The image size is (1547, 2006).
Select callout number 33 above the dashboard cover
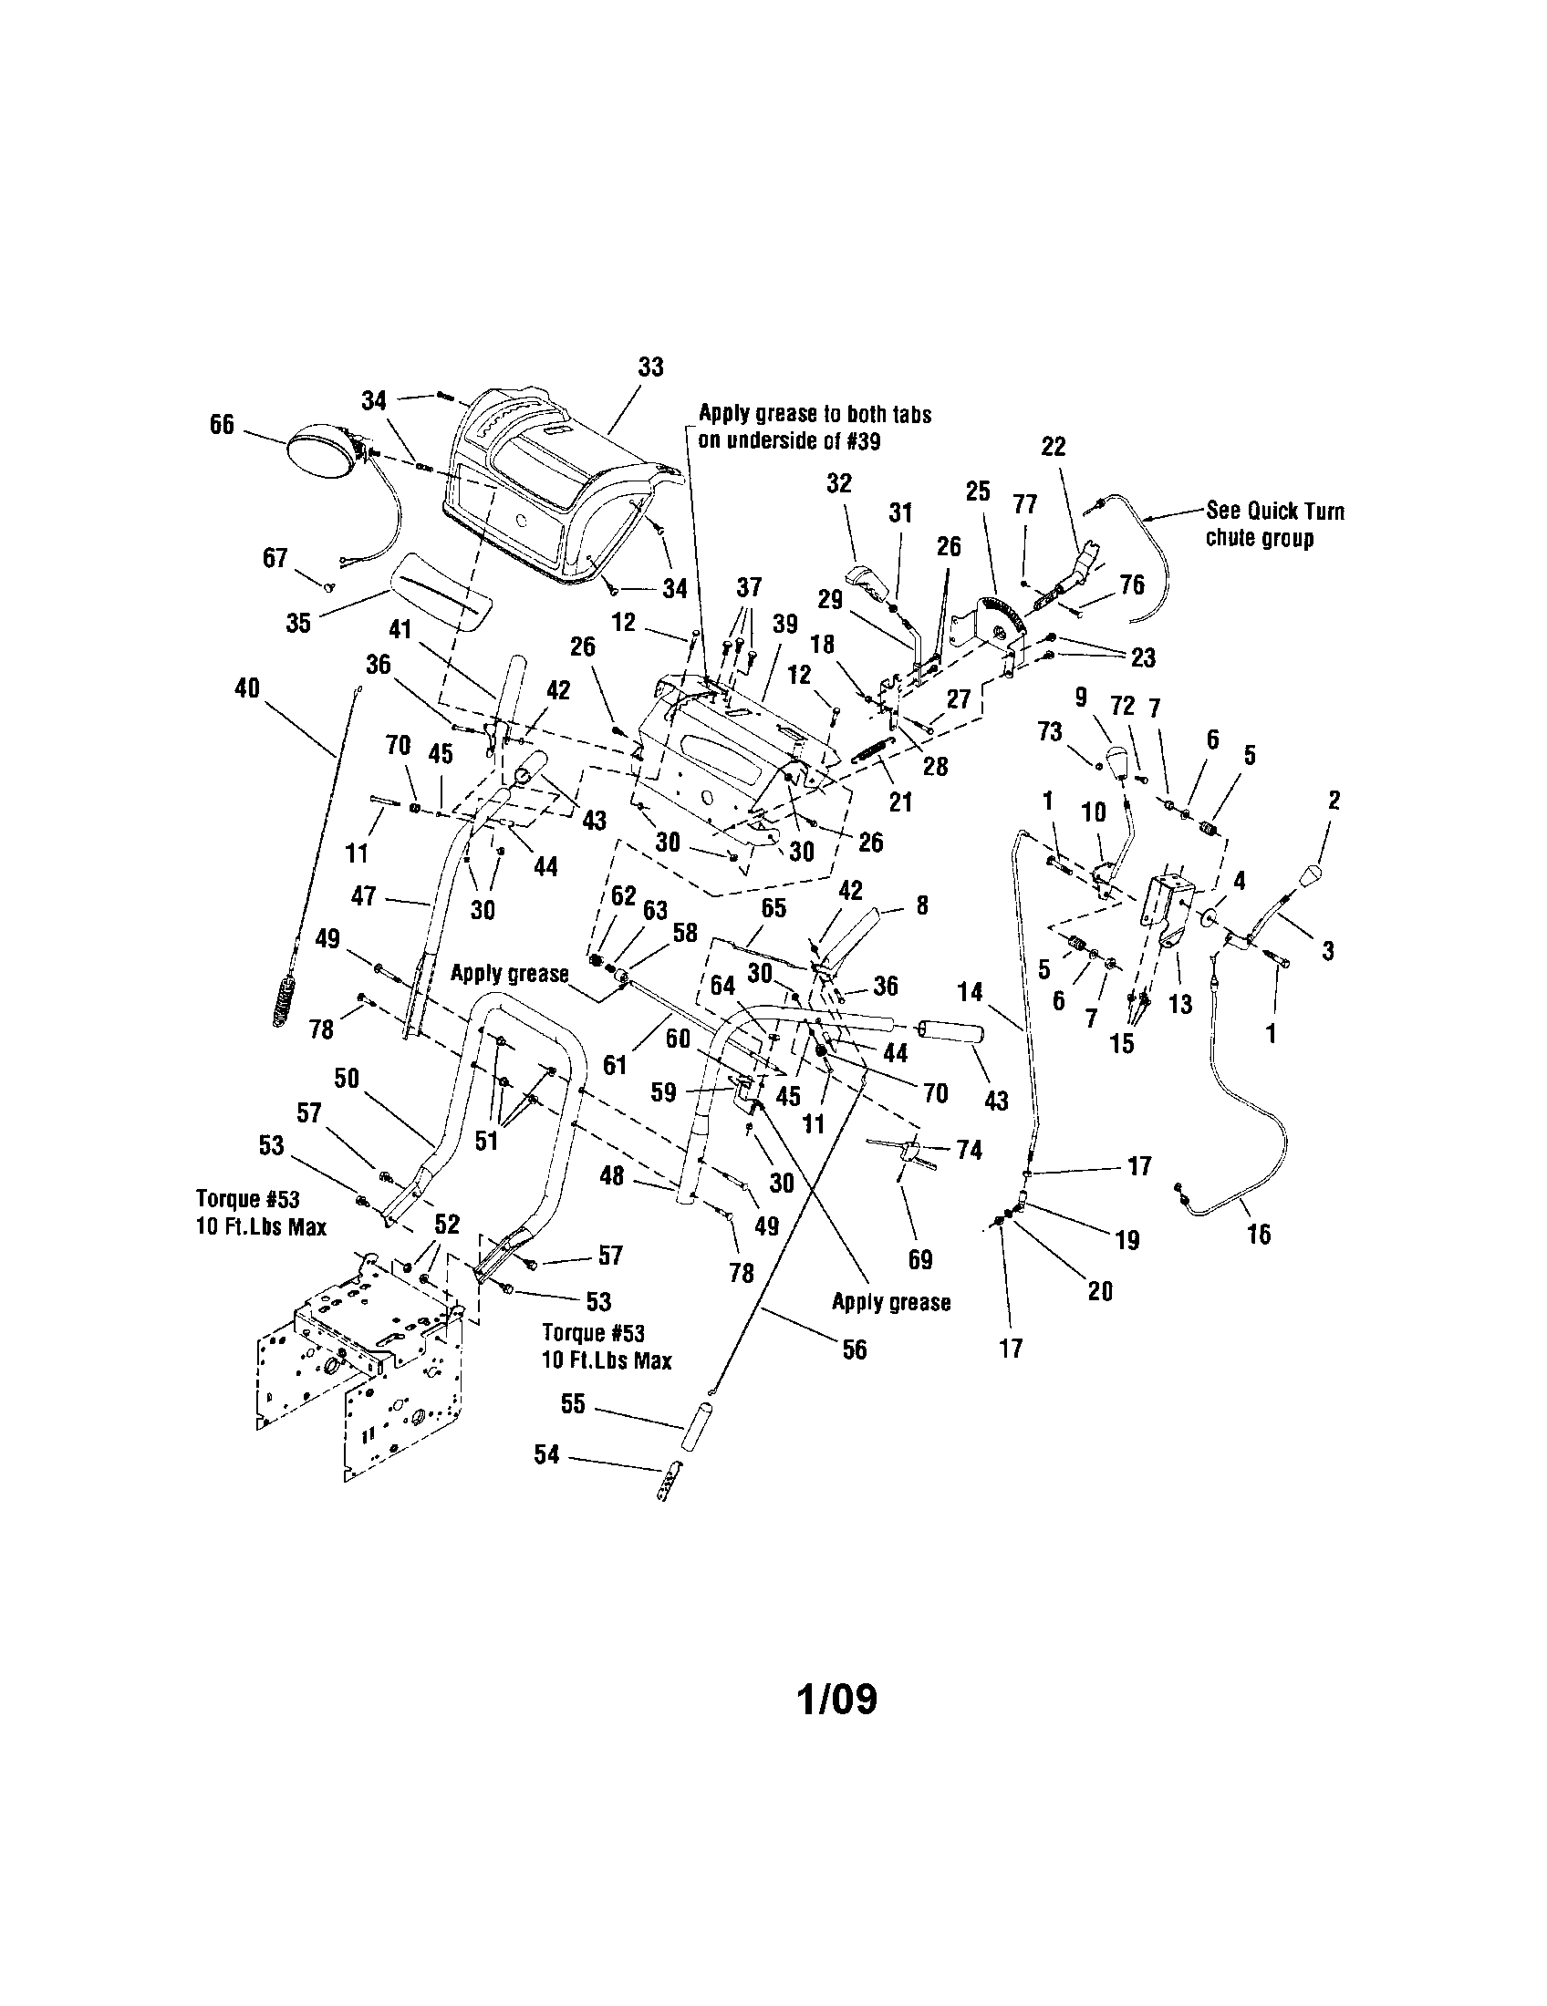pyautogui.click(x=650, y=367)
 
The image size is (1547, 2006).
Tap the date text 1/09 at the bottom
pyautogui.click(x=836, y=1700)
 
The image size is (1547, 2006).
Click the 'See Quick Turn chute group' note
pyautogui.click(x=1274, y=524)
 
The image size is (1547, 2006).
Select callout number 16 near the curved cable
pyautogui.click(x=1259, y=1235)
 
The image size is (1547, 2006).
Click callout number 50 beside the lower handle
pyautogui.click(x=346, y=1079)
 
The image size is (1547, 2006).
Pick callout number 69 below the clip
pyautogui.click(x=920, y=1259)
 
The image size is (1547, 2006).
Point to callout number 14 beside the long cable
pyautogui.click(x=971, y=992)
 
